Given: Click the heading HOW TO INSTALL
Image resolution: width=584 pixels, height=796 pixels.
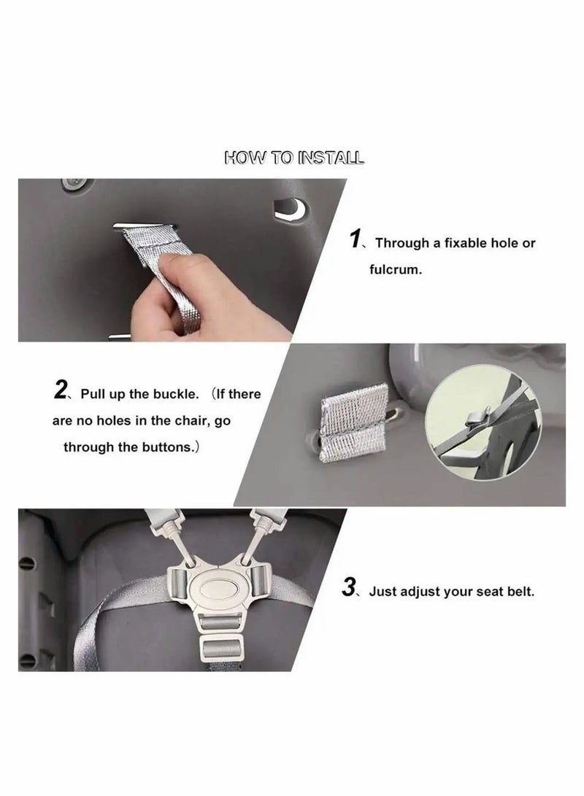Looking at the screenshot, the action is pyautogui.click(x=294, y=158).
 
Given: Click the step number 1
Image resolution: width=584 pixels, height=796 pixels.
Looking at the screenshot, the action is pyautogui.click(x=356, y=239).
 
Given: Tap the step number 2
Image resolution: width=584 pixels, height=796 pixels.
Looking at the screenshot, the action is pyautogui.click(x=61, y=390).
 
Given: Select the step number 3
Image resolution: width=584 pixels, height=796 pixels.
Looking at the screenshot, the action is pyautogui.click(x=349, y=587).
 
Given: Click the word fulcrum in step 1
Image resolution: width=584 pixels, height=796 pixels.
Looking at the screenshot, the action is pyautogui.click(x=396, y=269).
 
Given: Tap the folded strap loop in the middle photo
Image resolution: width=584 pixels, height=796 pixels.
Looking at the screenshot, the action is pyautogui.click(x=353, y=422).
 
